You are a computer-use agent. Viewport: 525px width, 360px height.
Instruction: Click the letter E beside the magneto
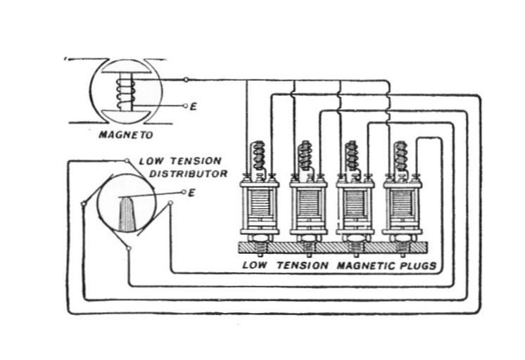coord(193,107)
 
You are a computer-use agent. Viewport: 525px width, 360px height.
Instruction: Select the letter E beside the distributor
coord(191,191)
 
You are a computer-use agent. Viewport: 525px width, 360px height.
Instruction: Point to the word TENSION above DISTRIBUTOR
coord(198,161)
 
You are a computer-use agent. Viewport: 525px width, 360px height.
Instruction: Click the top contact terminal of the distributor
coord(127,161)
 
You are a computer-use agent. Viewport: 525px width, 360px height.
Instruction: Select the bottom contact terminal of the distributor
coord(128,248)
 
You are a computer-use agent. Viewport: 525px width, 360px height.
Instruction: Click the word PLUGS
coord(419,266)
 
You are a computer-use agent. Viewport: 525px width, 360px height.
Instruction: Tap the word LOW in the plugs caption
coord(255,266)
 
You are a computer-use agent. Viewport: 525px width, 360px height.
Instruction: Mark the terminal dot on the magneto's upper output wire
coord(186,79)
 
